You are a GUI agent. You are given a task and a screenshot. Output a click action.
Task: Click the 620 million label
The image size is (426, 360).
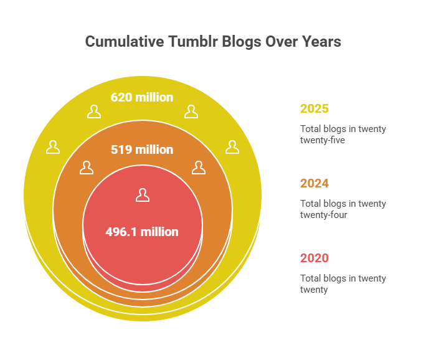pos(142,97)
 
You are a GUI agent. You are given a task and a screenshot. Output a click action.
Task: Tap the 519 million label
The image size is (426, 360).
pos(142,149)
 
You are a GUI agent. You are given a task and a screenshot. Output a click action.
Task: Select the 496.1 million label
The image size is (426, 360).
pos(142,232)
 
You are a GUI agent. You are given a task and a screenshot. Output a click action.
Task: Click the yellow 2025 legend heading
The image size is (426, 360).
pos(315,108)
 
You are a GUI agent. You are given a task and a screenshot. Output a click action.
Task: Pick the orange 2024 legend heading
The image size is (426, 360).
pos(315,183)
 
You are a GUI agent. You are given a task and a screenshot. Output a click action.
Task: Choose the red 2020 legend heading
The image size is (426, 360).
pos(315,258)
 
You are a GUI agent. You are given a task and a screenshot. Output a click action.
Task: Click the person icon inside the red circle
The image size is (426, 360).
pos(143,195)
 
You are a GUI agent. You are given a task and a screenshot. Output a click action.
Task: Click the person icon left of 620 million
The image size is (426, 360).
pos(94,111)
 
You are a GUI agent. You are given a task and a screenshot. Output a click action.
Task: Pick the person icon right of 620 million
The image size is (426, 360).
pos(191,111)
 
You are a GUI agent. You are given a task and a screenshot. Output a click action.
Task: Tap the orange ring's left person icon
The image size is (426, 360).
pos(87,168)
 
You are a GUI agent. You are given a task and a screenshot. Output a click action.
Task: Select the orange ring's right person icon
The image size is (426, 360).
pos(198,168)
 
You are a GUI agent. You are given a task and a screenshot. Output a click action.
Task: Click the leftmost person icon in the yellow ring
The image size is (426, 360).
pos(53,147)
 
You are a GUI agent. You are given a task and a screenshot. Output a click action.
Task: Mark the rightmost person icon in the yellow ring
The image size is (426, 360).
pos(232,147)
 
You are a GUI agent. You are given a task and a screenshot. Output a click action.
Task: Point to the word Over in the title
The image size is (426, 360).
pos(278,42)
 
